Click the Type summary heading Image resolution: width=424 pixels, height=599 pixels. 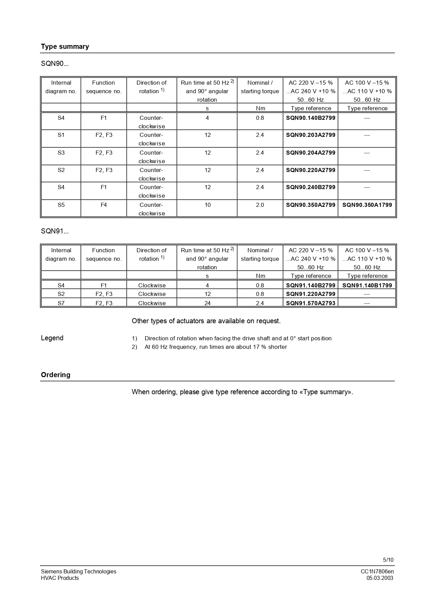[65, 46]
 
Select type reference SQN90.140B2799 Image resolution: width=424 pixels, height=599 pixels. [310, 118]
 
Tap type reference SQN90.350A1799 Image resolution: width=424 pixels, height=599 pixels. [367, 205]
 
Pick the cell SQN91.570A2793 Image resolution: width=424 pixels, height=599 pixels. [310, 303]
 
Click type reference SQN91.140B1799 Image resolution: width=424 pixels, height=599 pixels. [367, 285]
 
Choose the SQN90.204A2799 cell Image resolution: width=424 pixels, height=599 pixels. [310, 153]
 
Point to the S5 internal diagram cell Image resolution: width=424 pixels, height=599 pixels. [61, 205]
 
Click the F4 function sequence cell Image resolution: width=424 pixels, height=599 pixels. [103, 205]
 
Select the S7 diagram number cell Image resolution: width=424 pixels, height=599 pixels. [61, 303]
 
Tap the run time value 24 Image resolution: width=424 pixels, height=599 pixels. [207, 303]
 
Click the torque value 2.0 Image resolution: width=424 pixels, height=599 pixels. [260, 205]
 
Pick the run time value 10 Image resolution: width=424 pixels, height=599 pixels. [207, 205]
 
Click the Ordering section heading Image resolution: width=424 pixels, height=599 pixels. [56, 375]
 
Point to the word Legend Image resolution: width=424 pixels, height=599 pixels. [52, 338]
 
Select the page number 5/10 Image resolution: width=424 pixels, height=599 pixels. [388, 560]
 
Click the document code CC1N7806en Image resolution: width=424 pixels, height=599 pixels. [377, 571]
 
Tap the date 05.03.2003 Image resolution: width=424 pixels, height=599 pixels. [380, 578]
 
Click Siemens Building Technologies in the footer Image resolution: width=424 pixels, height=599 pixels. [79, 571]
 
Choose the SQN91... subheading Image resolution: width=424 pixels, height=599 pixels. [55, 231]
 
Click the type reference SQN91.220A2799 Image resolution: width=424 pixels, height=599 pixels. [310, 294]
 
